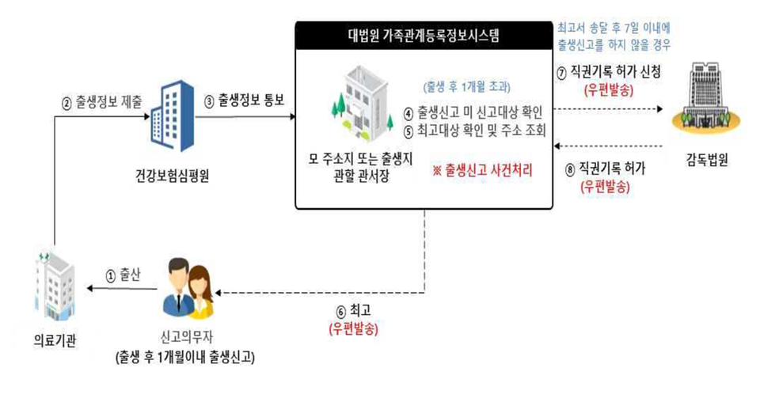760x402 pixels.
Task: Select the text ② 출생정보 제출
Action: point(101,102)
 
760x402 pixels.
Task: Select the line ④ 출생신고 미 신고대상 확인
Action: point(473,112)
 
